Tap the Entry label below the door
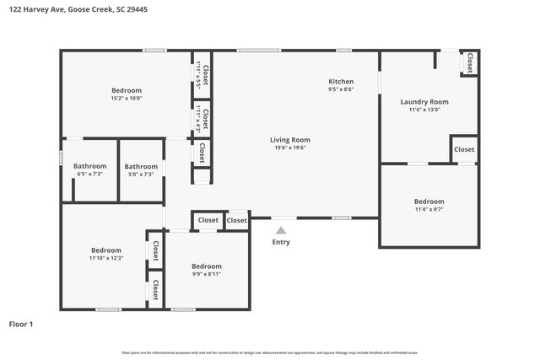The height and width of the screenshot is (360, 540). coord(281,242)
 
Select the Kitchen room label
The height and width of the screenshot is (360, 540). coord(341,82)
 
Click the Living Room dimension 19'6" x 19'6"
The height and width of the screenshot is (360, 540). coord(290,148)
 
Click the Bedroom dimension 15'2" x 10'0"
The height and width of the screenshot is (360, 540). coord(127,98)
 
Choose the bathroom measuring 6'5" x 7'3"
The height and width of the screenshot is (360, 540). coord(89,174)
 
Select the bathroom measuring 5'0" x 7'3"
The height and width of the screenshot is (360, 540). coord(141,174)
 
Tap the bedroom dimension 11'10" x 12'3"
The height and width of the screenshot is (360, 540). coord(106,258)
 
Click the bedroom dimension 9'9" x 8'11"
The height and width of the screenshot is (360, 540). coord(206,273)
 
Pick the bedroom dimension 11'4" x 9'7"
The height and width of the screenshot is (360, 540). coord(429,209)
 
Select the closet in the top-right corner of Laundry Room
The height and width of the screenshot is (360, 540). coord(469,62)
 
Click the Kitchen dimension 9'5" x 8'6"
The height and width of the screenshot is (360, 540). coord(341,89)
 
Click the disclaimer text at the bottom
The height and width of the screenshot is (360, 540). coord(270,352)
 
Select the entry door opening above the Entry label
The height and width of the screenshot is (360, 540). coord(283,218)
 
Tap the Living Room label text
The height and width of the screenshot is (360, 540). coord(290,140)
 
